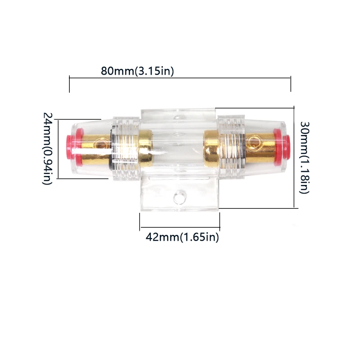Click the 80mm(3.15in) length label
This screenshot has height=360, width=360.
pyautogui.click(x=137, y=71)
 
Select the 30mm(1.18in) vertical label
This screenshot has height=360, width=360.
pyautogui.click(x=304, y=157)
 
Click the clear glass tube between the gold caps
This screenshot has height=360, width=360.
pyautogui.click(x=179, y=144)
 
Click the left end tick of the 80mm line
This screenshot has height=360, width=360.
pyautogui.click(x=69, y=84)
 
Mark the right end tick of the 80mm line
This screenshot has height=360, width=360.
pyautogui.click(x=291, y=84)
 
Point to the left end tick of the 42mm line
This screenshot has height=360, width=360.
pyautogui.click(x=140, y=221)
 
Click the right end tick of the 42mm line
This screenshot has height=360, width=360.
pyautogui.click(x=220, y=221)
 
